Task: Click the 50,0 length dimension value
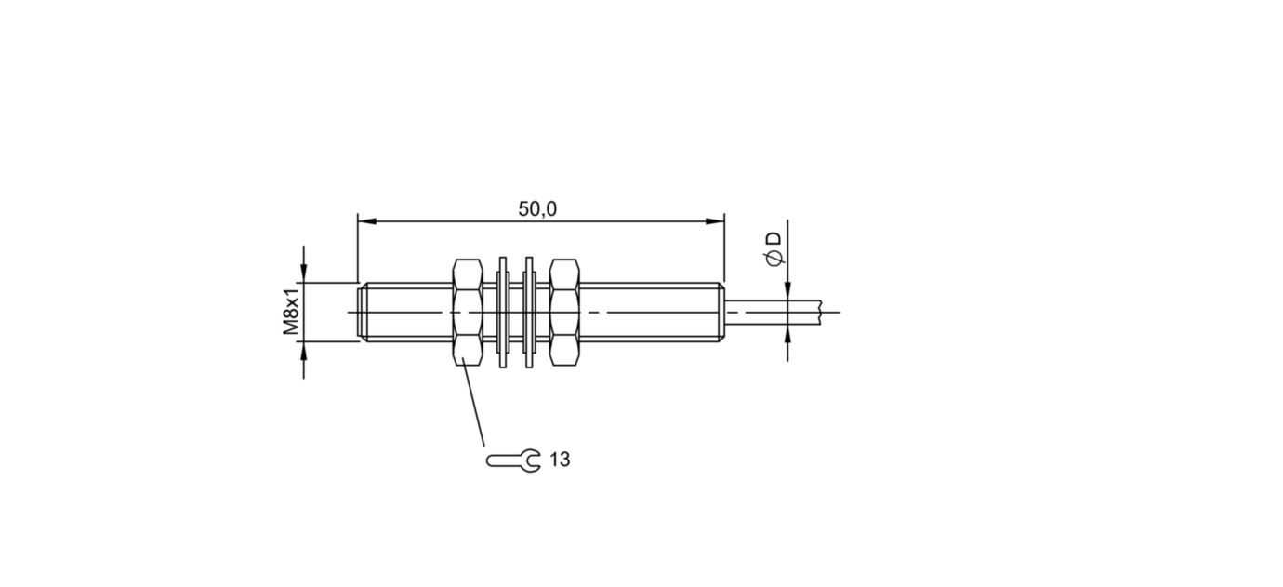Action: (x=537, y=209)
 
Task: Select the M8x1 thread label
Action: (x=292, y=312)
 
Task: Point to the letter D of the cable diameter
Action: (x=774, y=239)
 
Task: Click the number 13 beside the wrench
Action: (x=561, y=460)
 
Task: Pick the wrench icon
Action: (x=513, y=460)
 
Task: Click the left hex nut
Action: (x=468, y=313)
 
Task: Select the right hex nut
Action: (x=564, y=313)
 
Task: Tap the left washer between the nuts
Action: (x=503, y=313)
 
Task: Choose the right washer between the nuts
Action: (x=529, y=313)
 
